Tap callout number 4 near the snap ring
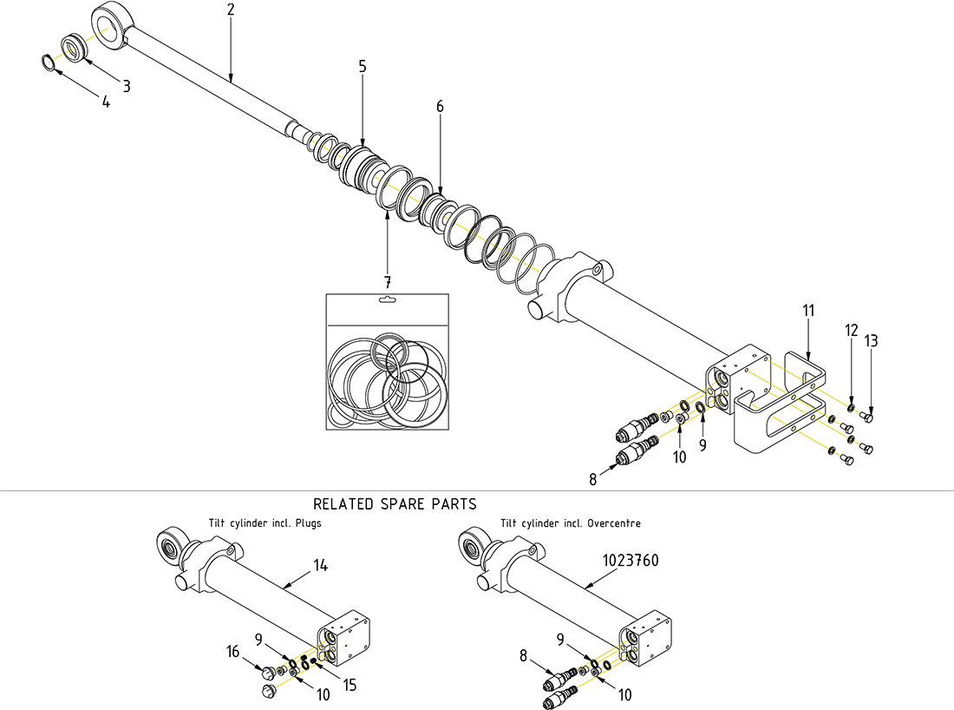coord(106,102)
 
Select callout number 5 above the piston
coord(362,67)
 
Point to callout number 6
coord(440,106)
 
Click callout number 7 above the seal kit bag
coord(387,282)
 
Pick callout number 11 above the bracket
coord(807,310)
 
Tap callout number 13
coord(871,341)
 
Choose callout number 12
coord(851,331)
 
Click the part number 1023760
coord(631,561)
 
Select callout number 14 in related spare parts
coord(321,566)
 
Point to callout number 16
coord(233,651)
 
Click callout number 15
coord(350,686)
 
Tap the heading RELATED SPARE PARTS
coord(395,503)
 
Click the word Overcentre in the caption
coord(613,524)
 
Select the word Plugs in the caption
coord(308,524)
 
